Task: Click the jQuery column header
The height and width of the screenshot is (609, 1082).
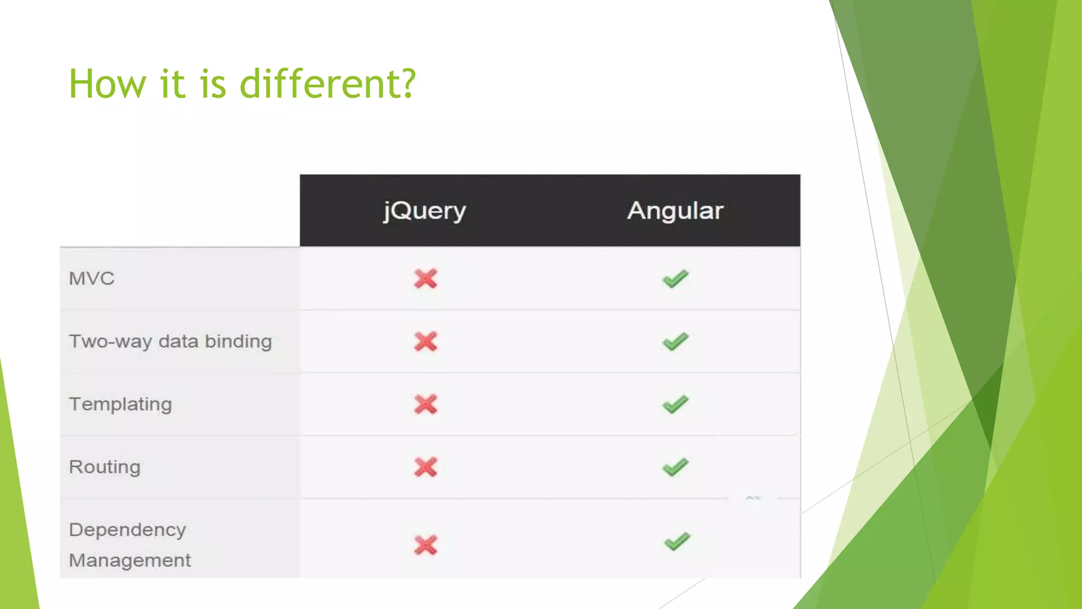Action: click(425, 211)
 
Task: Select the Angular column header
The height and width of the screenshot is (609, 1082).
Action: click(675, 211)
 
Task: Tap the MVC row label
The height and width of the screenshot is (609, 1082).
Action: click(92, 279)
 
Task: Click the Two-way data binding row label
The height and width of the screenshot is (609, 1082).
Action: click(170, 342)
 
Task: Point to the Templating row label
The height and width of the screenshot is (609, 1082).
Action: click(120, 404)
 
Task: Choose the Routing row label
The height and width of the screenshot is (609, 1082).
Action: click(105, 467)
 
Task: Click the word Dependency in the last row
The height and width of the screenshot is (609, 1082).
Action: click(127, 530)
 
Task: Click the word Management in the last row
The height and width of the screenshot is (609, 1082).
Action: click(130, 560)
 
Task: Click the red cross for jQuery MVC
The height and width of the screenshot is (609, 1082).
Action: click(426, 279)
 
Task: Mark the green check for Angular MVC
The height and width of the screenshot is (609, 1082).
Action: click(676, 279)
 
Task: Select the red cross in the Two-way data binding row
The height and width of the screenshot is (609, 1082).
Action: click(426, 342)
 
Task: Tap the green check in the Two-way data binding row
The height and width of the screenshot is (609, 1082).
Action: click(676, 342)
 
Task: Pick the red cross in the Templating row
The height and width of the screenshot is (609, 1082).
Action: click(426, 404)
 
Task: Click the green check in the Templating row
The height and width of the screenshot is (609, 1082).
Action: click(676, 404)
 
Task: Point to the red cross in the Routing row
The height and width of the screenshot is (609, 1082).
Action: click(426, 467)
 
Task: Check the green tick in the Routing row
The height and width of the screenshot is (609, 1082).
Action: click(676, 467)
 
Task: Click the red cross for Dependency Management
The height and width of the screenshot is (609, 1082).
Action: click(426, 545)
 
